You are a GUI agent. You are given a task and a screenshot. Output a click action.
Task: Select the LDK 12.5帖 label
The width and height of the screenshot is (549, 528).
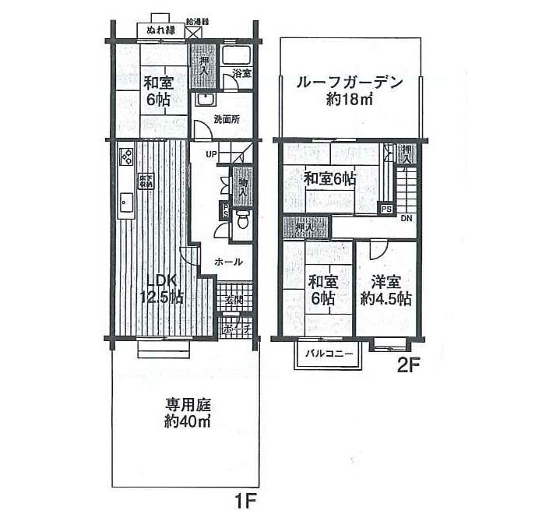point(161,289)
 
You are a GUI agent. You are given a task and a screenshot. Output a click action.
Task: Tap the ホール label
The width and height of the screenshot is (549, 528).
point(228,262)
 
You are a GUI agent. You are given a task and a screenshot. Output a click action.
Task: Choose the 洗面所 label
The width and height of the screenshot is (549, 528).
point(227,120)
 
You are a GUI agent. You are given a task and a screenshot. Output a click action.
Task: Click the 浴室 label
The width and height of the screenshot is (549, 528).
point(241,74)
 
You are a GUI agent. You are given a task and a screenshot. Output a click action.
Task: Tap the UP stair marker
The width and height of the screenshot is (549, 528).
point(211,154)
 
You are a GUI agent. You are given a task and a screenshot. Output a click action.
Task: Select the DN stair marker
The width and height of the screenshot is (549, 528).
point(406,218)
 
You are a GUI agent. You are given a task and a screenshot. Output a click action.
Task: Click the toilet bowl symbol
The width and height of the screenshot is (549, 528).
point(243,221)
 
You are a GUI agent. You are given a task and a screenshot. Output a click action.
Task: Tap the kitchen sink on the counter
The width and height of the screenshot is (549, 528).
point(125,205)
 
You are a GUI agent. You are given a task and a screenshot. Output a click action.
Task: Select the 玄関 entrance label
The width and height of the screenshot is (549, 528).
point(234,301)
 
